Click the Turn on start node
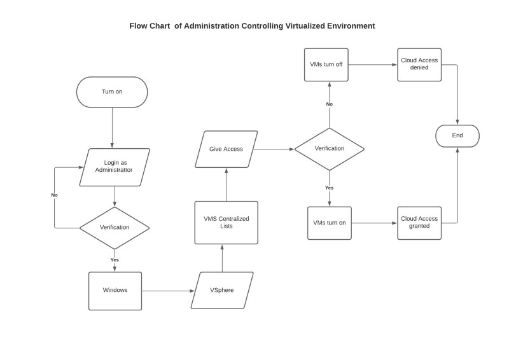pos(112,92)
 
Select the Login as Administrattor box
pos(115,167)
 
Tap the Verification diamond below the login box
pos(115,227)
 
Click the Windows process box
pos(115,291)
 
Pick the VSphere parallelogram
pos(222,291)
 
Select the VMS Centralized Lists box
pos(226,222)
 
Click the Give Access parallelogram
pos(226,149)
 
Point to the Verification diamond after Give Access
pos(329,149)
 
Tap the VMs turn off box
pos(326,64)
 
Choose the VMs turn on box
pos(329,223)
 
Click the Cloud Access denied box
pos(419,64)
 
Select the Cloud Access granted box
pos(419,223)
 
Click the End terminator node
pos(457,135)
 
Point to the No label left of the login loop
pos(55,195)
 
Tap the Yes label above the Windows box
pos(115,260)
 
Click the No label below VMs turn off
pos(329,104)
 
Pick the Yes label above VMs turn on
pos(329,188)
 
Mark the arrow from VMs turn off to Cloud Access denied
pos(373,64)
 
